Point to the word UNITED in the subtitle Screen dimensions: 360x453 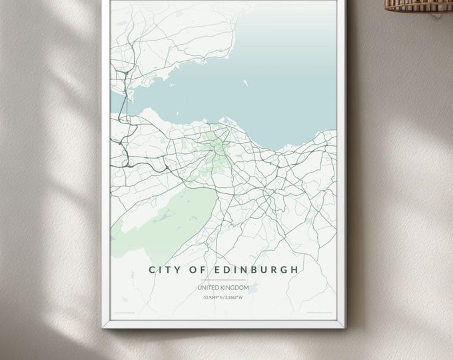pos(210,287)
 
